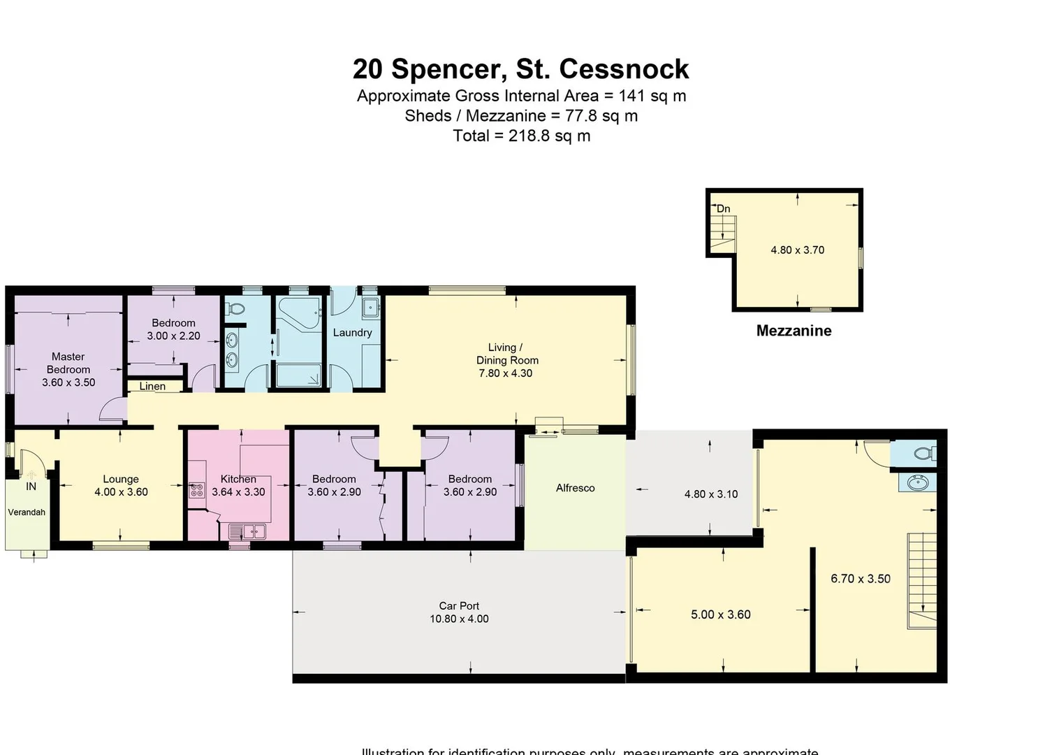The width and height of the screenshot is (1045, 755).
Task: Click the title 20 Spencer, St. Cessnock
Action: [x=520, y=69]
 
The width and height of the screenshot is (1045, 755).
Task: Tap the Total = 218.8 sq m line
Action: [x=521, y=136]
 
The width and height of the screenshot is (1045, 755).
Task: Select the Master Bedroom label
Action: [x=68, y=363]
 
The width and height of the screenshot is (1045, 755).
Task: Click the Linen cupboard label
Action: [x=152, y=386]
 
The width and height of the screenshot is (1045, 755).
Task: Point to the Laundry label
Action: [x=352, y=333]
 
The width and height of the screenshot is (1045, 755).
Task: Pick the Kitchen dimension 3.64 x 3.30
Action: [x=238, y=492]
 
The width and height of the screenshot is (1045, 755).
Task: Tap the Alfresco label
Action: [x=575, y=488]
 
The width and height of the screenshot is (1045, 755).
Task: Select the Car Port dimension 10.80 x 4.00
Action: [x=459, y=619]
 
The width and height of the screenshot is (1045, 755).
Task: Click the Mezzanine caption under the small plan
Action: [x=794, y=331]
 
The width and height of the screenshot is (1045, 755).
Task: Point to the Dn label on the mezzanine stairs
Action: [x=724, y=208]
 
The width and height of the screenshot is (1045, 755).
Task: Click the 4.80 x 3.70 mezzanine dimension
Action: [x=797, y=250]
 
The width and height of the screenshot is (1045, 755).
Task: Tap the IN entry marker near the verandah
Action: [x=31, y=487]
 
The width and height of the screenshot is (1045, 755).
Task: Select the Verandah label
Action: [x=27, y=512]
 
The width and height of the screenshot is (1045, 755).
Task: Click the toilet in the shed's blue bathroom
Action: [x=923, y=454]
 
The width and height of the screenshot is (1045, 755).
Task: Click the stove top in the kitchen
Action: [x=196, y=490]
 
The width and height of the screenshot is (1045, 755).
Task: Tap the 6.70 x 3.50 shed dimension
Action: [x=860, y=579]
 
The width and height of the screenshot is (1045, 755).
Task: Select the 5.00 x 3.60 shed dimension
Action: [x=720, y=614]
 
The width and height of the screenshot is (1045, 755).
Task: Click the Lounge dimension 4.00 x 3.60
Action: [x=121, y=492]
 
